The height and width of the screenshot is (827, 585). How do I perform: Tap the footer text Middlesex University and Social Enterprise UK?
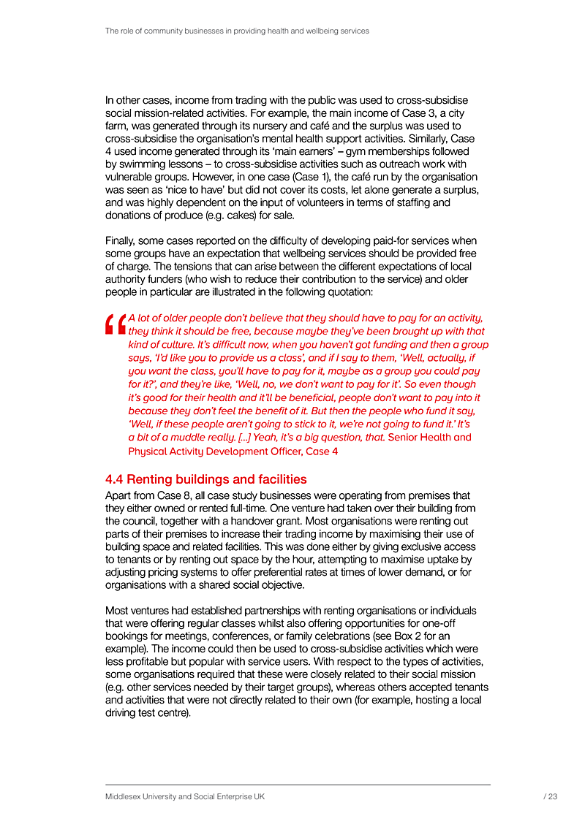click(x=185, y=797)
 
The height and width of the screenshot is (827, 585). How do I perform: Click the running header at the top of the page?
click(x=237, y=31)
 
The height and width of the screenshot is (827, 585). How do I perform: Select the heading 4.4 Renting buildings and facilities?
click(x=206, y=480)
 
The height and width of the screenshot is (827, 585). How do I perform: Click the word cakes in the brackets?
click(x=269, y=216)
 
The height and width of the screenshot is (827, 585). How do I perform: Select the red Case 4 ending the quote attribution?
click(x=322, y=451)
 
